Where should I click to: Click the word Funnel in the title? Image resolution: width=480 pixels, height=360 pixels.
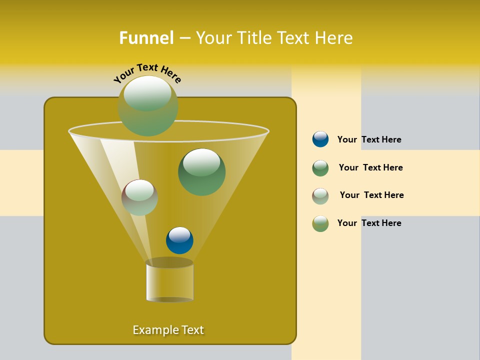pyautogui.click(x=146, y=38)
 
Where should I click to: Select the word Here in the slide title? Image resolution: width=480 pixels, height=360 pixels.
pyautogui.click(x=334, y=38)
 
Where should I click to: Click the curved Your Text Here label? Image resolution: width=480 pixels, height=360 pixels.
pyautogui.click(x=147, y=72)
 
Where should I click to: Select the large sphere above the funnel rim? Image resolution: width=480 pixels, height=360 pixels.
pyautogui.click(x=148, y=106)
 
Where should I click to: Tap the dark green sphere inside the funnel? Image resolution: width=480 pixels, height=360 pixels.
pyautogui.click(x=201, y=172)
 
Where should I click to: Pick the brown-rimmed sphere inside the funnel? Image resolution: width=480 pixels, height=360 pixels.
pyautogui.click(x=139, y=197)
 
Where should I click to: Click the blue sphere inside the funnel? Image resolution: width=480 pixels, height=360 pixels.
pyautogui.click(x=179, y=240)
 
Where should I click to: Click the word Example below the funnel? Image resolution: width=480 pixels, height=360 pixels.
pyautogui.click(x=155, y=330)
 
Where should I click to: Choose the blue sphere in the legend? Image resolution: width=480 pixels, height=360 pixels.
pyautogui.click(x=320, y=139)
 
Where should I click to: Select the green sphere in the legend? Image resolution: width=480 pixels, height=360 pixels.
pyautogui.click(x=320, y=168)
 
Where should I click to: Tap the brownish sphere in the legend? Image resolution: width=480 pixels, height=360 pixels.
pyautogui.click(x=320, y=195)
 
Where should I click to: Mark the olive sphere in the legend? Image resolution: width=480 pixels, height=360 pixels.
pyautogui.click(x=320, y=223)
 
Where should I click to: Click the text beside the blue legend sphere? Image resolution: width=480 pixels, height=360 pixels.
pyautogui.click(x=369, y=139)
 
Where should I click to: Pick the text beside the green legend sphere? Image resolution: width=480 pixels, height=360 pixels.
pyautogui.click(x=370, y=167)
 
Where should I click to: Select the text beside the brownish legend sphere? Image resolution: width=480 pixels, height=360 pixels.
pyautogui.click(x=371, y=195)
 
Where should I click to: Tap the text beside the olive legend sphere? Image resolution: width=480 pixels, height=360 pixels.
pyautogui.click(x=369, y=223)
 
